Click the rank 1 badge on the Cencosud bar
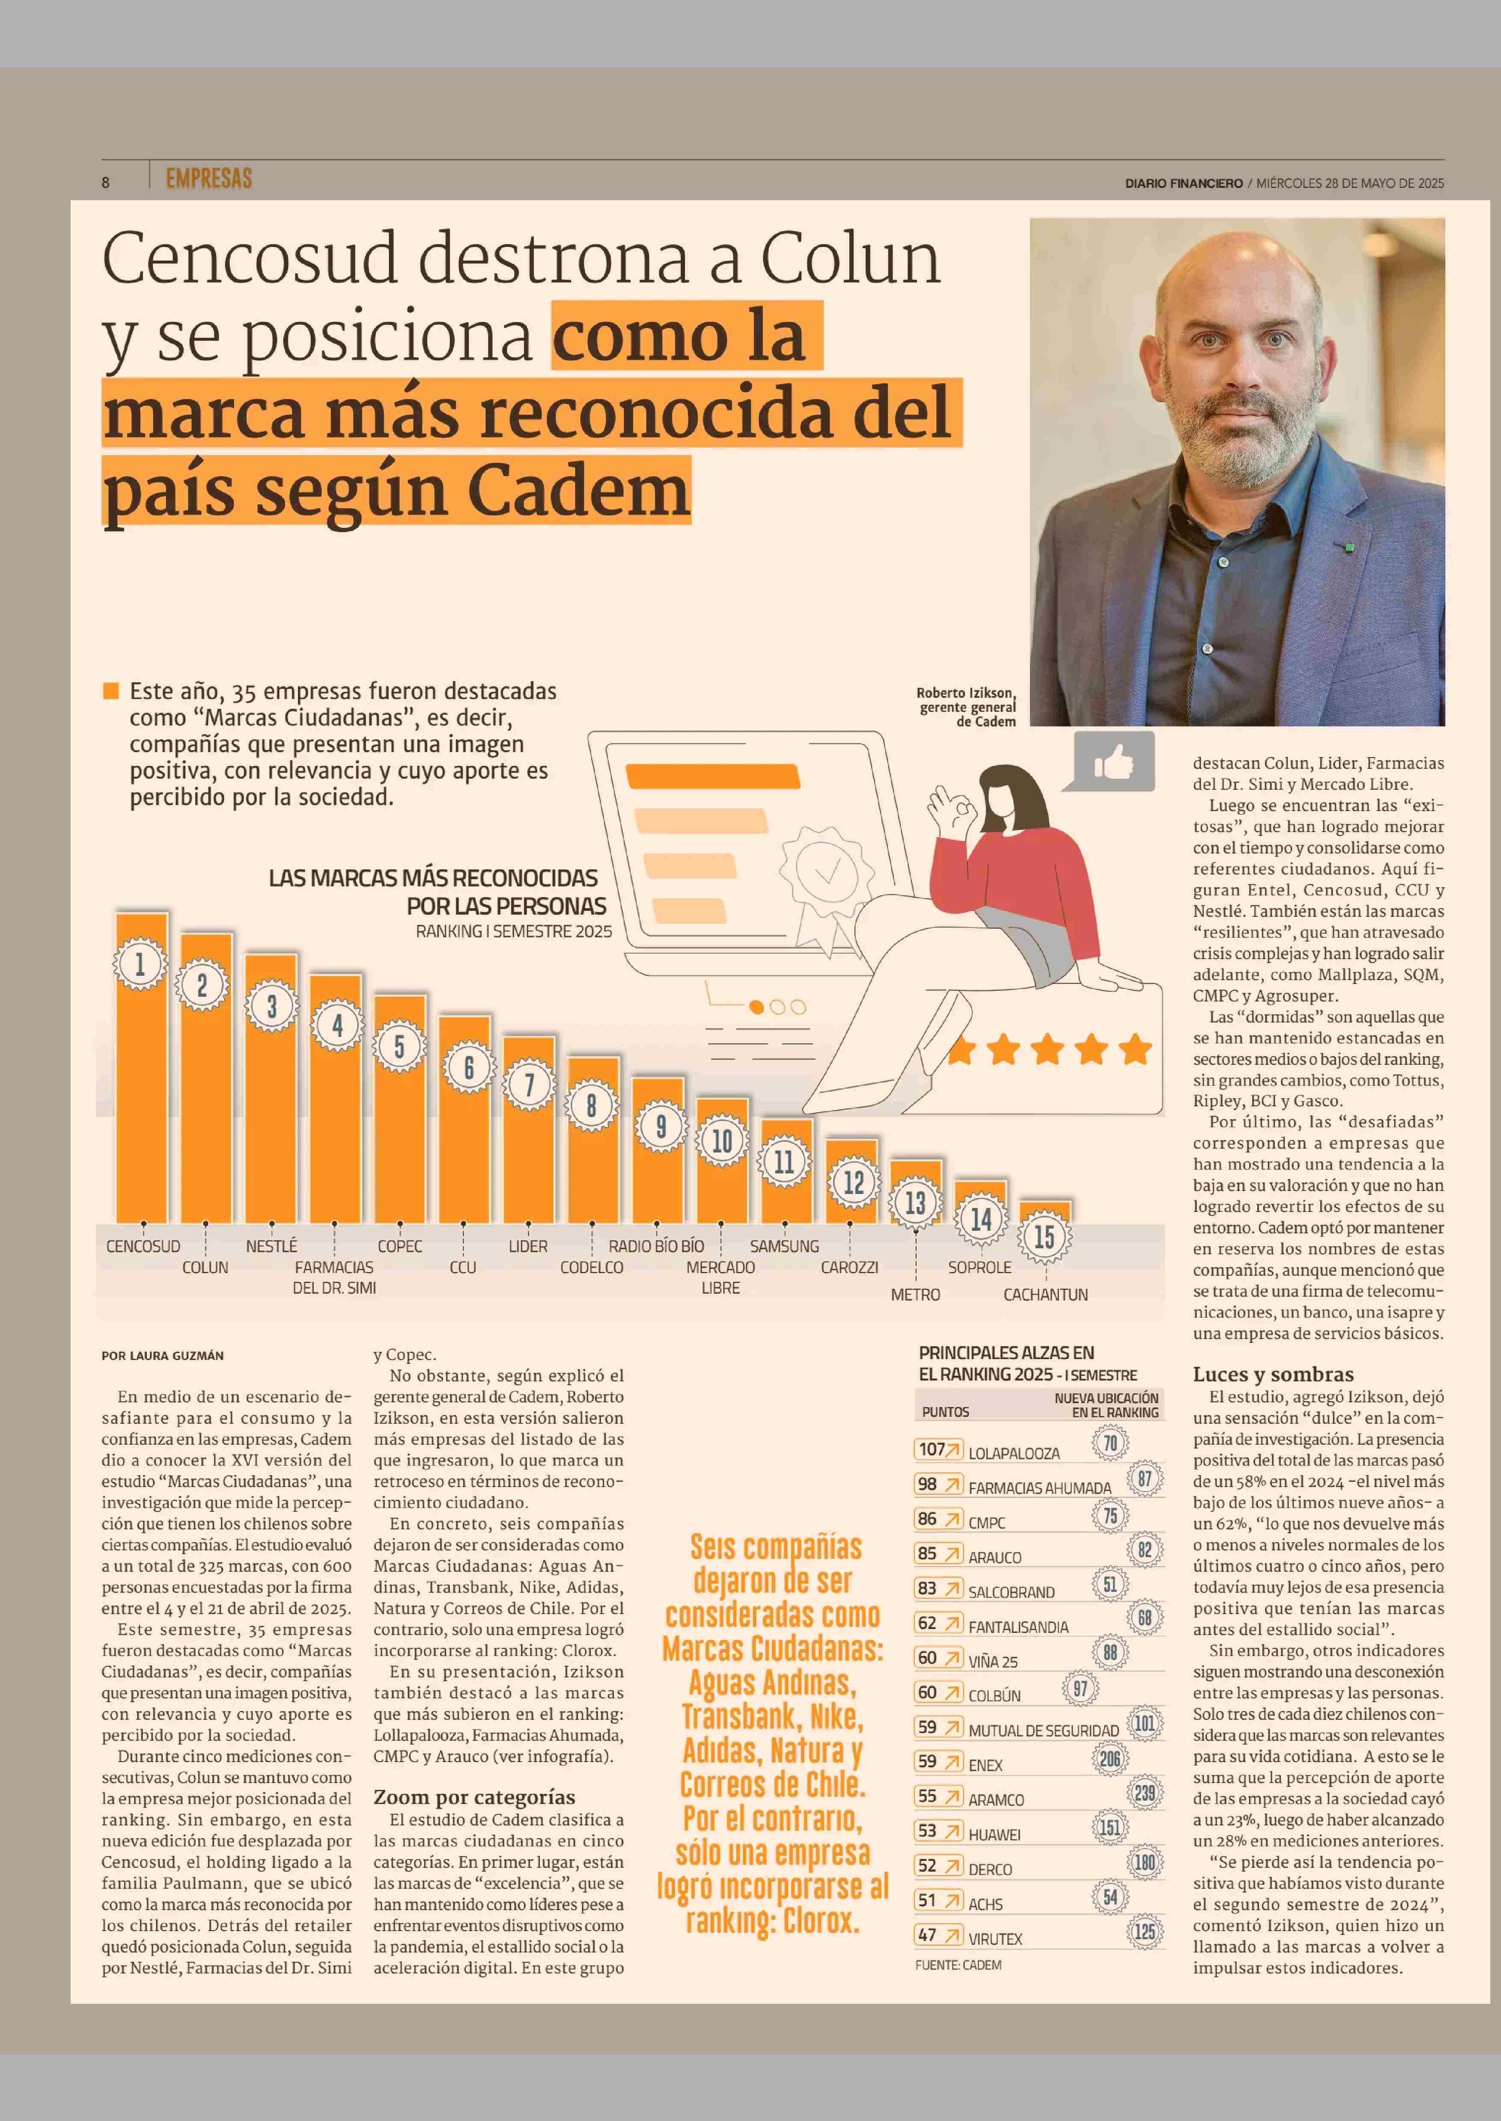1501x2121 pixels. [140, 964]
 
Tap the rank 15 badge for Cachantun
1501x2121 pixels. [1044, 1237]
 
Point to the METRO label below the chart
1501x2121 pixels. [915, 1295]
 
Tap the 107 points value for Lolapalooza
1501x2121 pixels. [931, 1449]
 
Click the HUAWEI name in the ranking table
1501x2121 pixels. [994, 1834]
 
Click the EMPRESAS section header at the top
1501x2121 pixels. [209, 178]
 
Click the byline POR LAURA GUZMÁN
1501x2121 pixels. [163, 1356]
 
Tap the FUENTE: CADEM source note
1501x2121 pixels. [958, 1965]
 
